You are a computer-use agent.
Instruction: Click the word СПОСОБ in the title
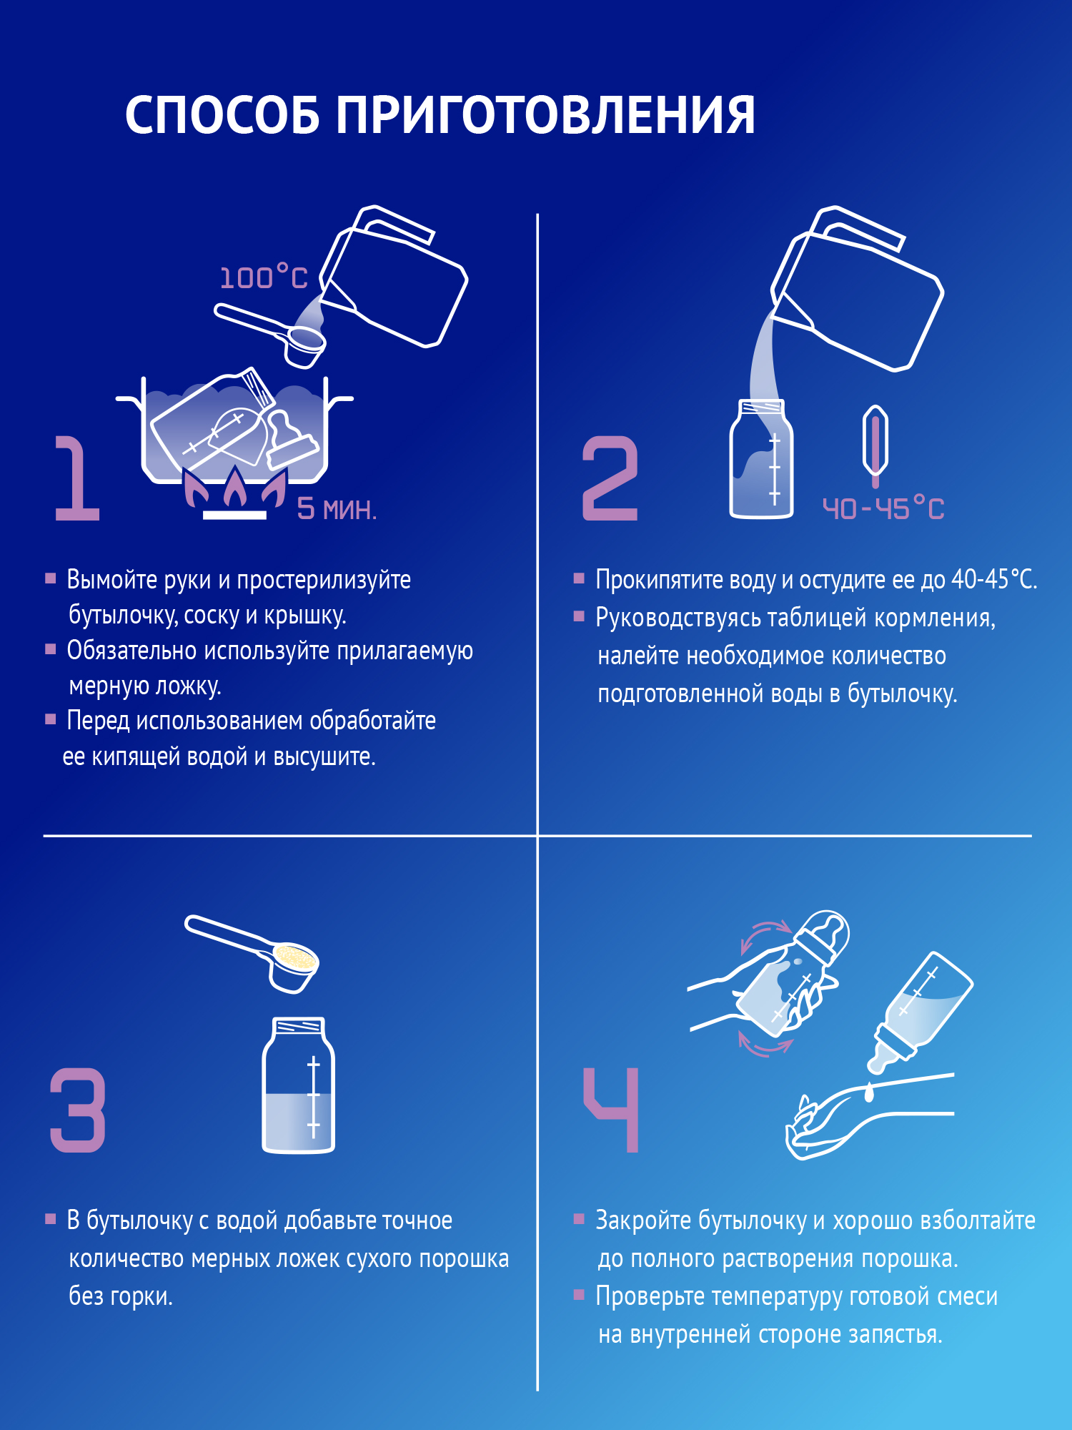222,114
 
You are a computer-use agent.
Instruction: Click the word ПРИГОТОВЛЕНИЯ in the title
545,114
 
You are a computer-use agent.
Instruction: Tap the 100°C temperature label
263,277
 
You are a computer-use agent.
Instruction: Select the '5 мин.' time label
336,509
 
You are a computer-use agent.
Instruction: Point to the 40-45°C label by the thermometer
883,509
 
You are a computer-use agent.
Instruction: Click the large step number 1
76,478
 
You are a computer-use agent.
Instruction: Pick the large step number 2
610,478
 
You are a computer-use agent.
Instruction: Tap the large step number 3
77,1110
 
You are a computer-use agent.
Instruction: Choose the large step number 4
612,1110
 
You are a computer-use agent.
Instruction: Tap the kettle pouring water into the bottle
858,293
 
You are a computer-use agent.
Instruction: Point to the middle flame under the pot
235,488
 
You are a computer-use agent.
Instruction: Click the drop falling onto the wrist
869,1092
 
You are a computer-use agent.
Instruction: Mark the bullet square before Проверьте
579,1293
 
